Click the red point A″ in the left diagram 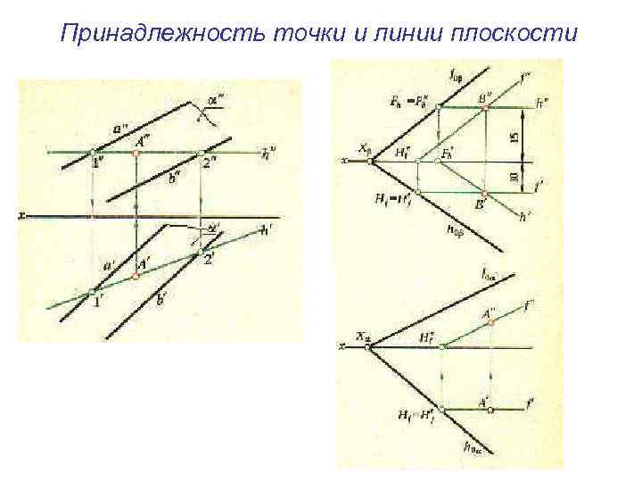(x=136, y=153)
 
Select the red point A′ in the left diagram (x=136, y=277)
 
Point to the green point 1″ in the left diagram (x=93, y=153)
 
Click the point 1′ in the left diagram (x=93, y=291)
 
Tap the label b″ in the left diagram (x=176, y=177)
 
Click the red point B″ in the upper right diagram (x=485, y=107)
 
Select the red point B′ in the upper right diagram (x=485, y=194)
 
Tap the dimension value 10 (x=514, y=178)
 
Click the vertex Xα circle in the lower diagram (x=368, y=345)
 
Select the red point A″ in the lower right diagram (x=490, y=323)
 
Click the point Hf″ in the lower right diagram (x=441, y=345)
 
